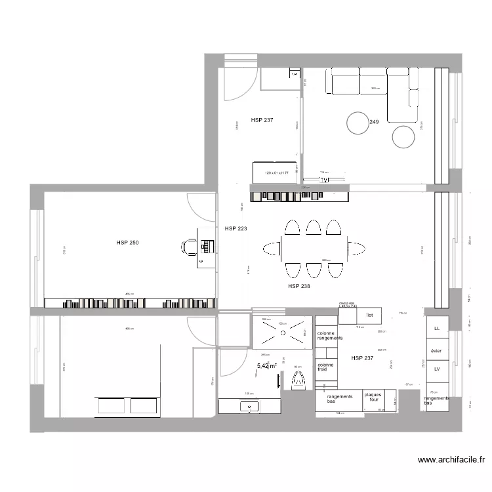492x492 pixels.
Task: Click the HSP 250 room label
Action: (x=127, y=243)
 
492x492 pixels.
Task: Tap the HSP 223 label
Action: (x=236, y=229)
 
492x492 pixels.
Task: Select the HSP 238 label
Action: (x=299, y=286)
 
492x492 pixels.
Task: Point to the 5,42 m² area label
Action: (x=266, y=366)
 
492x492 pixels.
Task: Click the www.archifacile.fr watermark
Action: (x=454, y=461)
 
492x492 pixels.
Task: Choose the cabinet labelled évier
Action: (x=436, y=351)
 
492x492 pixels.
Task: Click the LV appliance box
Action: (x=436, y=369)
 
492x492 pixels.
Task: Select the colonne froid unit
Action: (x=325, y=367)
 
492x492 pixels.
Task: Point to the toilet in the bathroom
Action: (x=299, y=380)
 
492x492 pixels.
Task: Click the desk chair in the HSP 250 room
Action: (x=189, y=246)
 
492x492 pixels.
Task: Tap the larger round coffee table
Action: (x=358, y=123)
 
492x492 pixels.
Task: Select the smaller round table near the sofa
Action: (x=403, y=136)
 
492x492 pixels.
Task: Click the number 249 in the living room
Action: (x=375, y=122)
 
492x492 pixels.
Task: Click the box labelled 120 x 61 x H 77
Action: (x=276, y=173)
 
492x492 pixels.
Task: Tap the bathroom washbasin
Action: (x=250, y=406)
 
